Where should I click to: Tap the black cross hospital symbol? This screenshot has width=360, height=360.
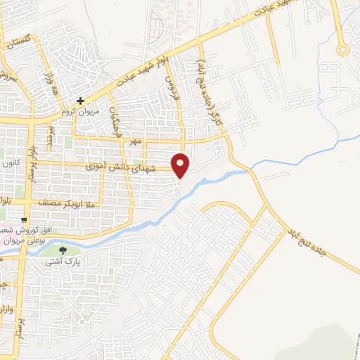[82, 101]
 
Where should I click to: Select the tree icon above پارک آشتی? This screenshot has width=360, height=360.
[63, 250]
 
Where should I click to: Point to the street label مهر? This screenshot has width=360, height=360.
[136, 141]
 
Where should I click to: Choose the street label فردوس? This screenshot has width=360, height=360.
[172, 90]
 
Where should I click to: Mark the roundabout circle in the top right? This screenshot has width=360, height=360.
[342, 49]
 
